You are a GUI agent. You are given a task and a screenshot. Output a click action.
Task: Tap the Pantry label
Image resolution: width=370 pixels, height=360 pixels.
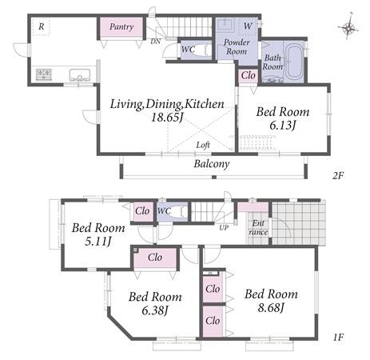tap(121, 26)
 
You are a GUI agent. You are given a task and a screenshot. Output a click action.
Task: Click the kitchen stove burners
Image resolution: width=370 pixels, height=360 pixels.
tap(44, 74)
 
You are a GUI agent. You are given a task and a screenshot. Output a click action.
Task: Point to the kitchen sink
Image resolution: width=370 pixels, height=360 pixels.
tap(80, 75)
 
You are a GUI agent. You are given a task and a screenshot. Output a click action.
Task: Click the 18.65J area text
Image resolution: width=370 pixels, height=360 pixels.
tap(167, 117)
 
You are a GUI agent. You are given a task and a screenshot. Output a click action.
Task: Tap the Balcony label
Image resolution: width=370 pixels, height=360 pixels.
tap(212, 164)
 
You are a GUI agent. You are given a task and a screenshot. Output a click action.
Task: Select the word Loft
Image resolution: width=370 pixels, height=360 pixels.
tap(203, 145)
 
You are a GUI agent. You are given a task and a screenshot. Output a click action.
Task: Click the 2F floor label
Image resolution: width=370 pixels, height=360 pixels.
tap(338, 175)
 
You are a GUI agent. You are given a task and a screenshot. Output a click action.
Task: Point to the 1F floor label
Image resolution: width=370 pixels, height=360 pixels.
tap(338, 338)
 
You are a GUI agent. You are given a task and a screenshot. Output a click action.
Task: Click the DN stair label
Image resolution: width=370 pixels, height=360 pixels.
tap(156, 42)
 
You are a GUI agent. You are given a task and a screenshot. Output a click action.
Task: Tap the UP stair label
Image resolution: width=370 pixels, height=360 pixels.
tap(224, 228)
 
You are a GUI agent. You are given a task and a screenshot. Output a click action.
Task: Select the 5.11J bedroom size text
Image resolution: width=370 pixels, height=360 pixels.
tap(98, 242)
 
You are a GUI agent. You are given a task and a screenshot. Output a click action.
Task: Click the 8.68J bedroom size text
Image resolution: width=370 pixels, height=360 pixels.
tap(271, 308)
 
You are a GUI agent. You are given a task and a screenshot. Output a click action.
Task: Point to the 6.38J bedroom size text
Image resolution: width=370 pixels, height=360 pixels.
tap(155, 310)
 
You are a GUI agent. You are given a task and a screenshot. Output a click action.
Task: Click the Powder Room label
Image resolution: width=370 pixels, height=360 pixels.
tap(237, 46)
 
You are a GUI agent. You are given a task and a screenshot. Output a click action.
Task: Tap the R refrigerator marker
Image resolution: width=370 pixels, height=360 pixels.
tap(42, 26)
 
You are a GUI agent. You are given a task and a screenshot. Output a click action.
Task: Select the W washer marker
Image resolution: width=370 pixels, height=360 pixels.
tap(248, 26)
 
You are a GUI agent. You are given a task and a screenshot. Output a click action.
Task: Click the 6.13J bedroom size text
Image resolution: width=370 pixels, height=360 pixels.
tap(283, 125)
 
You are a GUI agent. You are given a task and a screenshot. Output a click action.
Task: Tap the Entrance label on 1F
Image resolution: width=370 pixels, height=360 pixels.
tap(258, 227)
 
